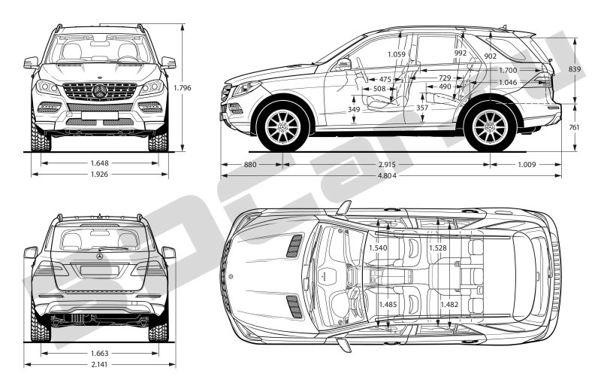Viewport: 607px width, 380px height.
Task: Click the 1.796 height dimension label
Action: tap(183, 88)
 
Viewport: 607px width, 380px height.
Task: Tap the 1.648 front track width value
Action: tap(100, 162)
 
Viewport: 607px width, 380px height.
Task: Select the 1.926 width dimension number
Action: tap(100, 174)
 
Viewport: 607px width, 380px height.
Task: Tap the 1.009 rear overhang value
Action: tap(525, 163)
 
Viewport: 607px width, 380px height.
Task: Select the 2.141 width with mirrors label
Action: tap(100, 365)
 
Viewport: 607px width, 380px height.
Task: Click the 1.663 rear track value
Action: tap(100, 352)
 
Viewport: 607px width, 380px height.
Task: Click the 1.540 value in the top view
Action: tap(379, 248)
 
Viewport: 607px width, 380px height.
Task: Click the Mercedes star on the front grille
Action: tap(100, 91)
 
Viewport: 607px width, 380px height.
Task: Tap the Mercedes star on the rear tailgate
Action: tap(100, 257)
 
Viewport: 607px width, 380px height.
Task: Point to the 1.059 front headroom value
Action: tap(397, 54)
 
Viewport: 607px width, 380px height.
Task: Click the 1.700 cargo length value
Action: tap(509, 71)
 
